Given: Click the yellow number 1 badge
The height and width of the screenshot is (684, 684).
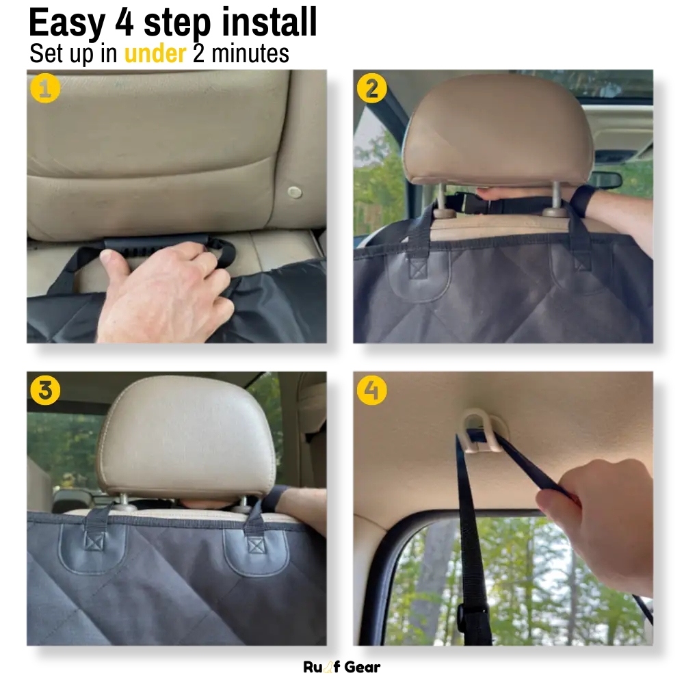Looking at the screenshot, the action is (x=45, y=88).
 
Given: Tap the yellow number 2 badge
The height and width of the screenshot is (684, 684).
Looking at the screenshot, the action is (x=371, y=88).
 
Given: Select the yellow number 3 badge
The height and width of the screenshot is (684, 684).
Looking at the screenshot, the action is (x=45, y=390).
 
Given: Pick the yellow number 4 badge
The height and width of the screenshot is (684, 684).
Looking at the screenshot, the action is (x=371, y=390).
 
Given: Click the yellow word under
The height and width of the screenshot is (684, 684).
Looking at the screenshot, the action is (x=155, y=53).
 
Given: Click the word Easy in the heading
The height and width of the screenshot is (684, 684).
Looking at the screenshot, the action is (x=67, y=24).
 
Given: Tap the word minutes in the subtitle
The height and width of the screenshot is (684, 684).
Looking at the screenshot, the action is (x=250, y=53).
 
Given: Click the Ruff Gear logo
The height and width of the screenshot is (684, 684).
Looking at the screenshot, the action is (x=341, y=667).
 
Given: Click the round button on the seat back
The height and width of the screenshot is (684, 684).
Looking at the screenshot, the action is (x=294, y=192).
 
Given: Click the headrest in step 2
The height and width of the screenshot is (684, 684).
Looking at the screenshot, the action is (x=497, y=130).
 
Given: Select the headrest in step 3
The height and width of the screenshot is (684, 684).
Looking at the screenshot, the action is (x=187, y=437).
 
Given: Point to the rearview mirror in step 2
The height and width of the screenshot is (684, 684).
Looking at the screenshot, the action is (x=605, y=180).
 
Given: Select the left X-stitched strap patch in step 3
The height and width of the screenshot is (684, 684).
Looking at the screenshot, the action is (x=94, y=542).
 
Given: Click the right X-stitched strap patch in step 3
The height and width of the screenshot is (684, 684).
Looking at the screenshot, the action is (x=256, y=545).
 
